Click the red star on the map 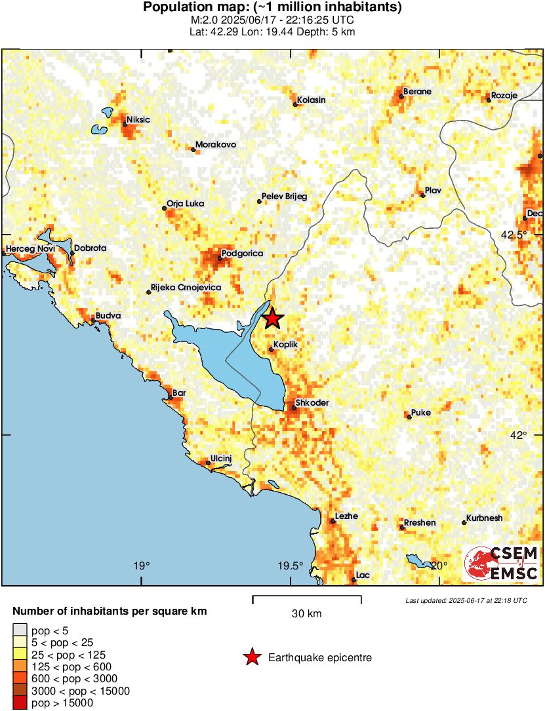(273, 318)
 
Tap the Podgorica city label (243, 253)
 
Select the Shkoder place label (312, 403)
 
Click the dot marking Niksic (125, 124)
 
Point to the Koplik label (287, 343)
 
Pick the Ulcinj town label (221, 459)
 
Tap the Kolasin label (312, 100)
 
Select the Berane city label (417, 92)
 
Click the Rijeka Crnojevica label (186, 288)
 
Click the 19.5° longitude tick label (291, 566)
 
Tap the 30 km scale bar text (306, 614)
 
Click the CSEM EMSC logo (502, 563)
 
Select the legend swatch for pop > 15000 (20, 702)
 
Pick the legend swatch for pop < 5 (20, 630)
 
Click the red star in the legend (251, 657)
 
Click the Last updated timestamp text (466, 600)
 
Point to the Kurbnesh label (485, 518)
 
